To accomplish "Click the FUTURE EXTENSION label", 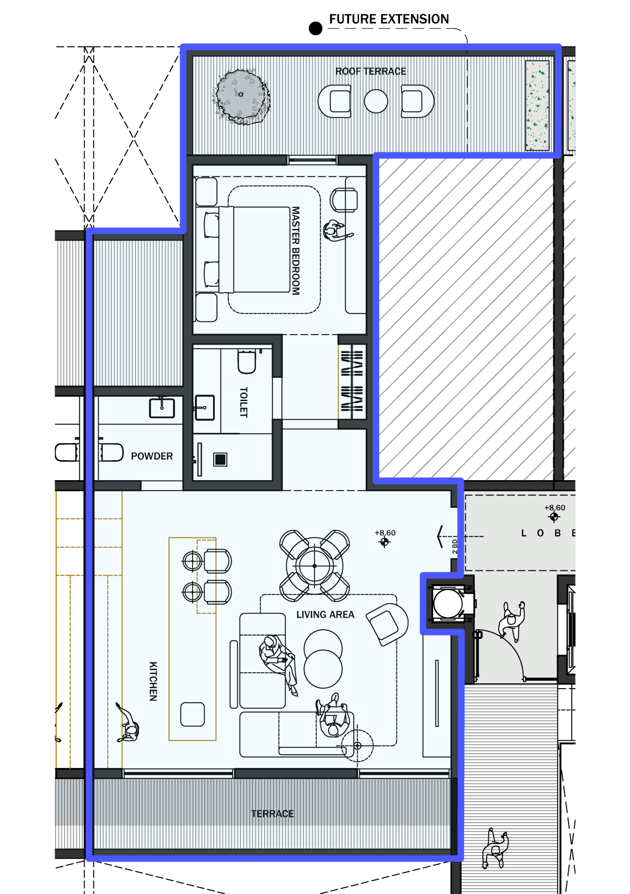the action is click(x=388, y=19).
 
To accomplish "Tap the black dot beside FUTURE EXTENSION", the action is click(x=316, y=28).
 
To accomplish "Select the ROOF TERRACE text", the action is click(x=370, y=71).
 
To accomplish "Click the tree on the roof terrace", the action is click(x=241, y=97).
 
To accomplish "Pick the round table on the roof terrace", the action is click(x=376, y=101).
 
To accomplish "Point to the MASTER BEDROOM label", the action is click(x=296, y=251).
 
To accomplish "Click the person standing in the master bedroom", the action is click(x=337, y=232).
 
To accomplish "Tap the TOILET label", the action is click(x=244, y=402).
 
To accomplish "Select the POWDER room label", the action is click(x=152, y=456).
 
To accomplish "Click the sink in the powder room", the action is click(x=162, y=408).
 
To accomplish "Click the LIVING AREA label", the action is click(x=325, y=615).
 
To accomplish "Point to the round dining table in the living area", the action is click(x=314, y=566).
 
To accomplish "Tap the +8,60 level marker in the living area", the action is click(x=385, y=538).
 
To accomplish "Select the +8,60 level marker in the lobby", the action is click(x=554, y=513).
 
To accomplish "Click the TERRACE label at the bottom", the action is click(x=272, y=814).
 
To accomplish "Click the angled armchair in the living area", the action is click(x=386, y=624).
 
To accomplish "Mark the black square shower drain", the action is click(x=220, y=460).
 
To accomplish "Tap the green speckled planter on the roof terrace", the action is click(x=537, y=106).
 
